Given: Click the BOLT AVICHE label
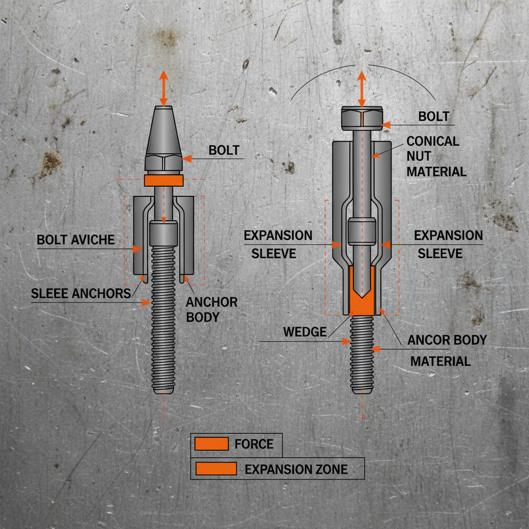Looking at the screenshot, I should (75, 240).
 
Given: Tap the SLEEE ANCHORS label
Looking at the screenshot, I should (81, 293).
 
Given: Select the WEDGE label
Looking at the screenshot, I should (305, 332).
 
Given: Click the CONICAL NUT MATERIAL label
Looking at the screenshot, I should (435, 156).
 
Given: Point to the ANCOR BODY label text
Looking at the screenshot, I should (447, 340).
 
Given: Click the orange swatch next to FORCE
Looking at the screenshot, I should (211, 443).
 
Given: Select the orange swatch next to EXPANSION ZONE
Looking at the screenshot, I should (216, 469).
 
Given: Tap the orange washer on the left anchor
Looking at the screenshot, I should (164, 180).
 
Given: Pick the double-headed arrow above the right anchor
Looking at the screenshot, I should (362, 89).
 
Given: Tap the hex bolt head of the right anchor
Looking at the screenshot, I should (362, 118).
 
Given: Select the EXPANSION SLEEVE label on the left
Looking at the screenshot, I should (278, 244).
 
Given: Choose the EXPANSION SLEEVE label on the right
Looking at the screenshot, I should (448, 244).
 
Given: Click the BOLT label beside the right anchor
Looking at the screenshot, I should (433, 116).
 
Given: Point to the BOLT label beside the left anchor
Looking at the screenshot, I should (224, 150).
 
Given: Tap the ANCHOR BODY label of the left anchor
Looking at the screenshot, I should (211, 309).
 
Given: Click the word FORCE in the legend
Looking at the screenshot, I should (253, 444).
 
